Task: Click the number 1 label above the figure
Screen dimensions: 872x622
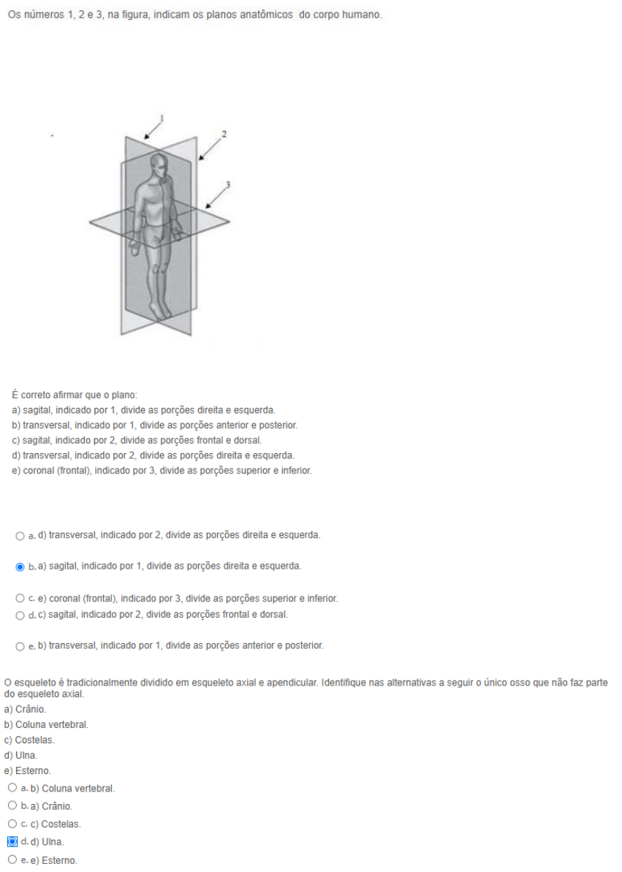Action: [162, 118]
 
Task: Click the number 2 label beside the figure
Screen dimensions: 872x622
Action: [224, 134]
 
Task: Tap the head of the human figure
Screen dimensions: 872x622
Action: [160, 165]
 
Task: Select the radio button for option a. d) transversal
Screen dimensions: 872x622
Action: [19, 536]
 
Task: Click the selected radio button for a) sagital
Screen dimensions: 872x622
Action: [19, 566]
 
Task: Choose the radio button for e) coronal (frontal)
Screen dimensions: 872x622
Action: [19, 599]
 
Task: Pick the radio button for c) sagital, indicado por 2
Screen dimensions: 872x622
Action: [19, 614]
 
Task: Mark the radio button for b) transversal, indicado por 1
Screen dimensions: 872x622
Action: [19, 646]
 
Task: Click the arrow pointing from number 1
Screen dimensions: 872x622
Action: [153, 129]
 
